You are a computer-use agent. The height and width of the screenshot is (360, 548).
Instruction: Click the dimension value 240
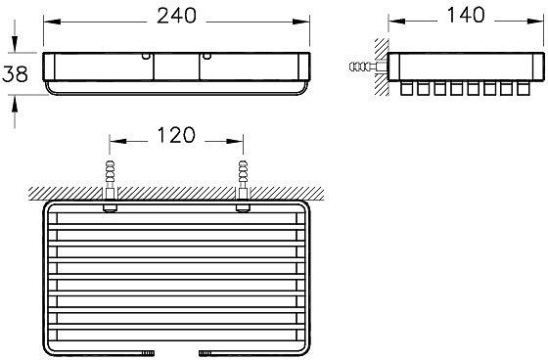(178, 15)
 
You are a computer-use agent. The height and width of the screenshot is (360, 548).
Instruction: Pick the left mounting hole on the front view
(147, 60)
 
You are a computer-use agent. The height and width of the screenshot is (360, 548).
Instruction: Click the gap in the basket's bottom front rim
(178, 350)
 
